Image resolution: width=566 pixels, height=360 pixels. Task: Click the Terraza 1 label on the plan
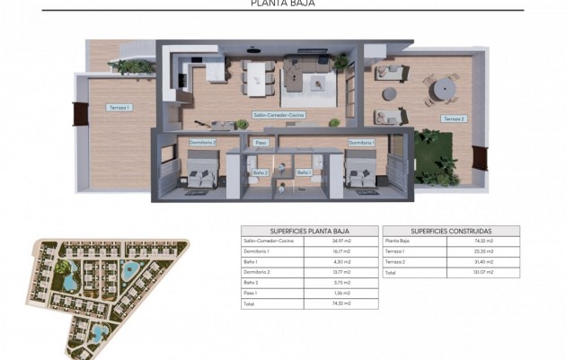point(119,108)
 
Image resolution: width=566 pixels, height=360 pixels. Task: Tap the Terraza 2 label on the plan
point(454,119)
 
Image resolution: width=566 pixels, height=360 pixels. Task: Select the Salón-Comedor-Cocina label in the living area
point(279,115)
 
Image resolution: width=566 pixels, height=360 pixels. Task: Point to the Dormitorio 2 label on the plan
point(203,142)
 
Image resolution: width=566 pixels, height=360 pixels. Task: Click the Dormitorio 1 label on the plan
point(361,142)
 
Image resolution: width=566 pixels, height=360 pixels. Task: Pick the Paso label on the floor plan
point(261,143)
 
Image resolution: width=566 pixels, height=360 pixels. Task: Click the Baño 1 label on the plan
point(304,171)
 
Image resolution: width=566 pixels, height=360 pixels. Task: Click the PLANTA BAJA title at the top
point(282,4)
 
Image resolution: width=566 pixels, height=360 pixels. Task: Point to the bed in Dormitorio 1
point(362,171)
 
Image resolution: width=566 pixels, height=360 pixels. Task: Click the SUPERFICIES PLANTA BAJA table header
point(309,231)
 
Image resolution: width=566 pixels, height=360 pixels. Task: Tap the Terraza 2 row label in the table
point(395,261)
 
